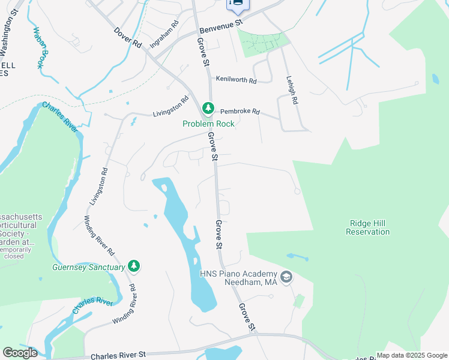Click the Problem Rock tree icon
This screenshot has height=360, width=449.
click(208, 109)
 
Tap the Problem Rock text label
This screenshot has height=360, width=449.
click(208, 124)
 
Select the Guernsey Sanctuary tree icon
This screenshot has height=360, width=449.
click(134, 266)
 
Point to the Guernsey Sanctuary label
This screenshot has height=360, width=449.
click(88, 267)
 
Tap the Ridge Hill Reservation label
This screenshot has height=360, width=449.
click(369, 227)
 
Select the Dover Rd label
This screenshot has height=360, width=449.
click(128, 36)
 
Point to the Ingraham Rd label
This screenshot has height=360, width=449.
click(164, 35)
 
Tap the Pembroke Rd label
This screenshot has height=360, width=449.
click(240, 111)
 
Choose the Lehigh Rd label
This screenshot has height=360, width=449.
click(292, 90)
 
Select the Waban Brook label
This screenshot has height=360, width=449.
click(40, 47)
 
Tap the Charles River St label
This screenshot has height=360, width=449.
click(127, 355)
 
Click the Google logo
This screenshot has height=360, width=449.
click(20, 353)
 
